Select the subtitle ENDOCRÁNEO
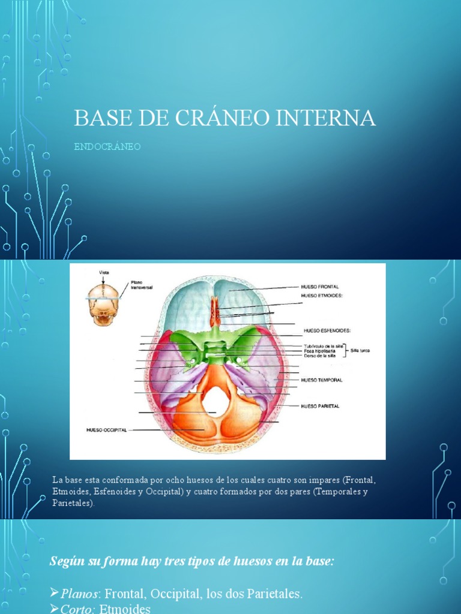(x=107, y=147)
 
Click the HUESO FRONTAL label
(x=319, y=287)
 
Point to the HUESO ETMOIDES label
(x=321, y=296)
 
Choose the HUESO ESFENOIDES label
(x=327, y=330)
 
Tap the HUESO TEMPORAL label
(x=321, y=380)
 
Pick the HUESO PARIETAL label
(x=320, y=406)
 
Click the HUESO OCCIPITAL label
(x=106, y=430)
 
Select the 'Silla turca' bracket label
(x=360, y=350)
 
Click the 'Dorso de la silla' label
(x=319, y=356)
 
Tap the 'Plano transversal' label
(x=142, y=285)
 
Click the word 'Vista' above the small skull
(x=104, y=272)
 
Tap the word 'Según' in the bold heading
(x=64, y=562)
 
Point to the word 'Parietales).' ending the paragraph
(x=73, y=503)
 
